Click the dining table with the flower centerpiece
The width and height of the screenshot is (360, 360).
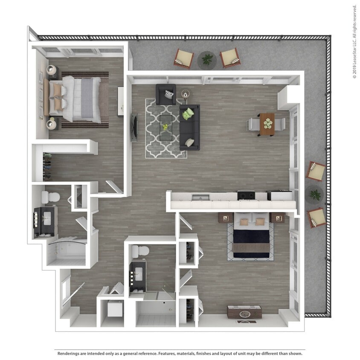click(x=267, y=124)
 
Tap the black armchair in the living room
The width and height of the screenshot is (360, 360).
click(x=166, y=94)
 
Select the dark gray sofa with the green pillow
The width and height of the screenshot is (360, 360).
click(x=189, y=128)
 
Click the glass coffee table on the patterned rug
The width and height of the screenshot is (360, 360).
click(x=166, y=127)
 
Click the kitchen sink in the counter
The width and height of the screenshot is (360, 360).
click(x=200, y=197)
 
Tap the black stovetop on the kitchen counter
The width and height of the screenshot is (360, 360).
click(x=246, y=195)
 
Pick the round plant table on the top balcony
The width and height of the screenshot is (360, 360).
click(x=207, y=60)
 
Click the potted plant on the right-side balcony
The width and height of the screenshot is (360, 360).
click(x=315, y=195)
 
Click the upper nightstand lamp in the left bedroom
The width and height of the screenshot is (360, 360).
click(x=52, y=70)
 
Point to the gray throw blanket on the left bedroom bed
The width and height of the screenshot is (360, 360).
click(x=87, y=98)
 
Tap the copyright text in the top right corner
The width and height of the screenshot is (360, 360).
click(x=354, y=41)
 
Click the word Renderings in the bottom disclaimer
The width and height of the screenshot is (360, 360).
click(x=70, y=354)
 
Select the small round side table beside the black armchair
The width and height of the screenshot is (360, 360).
click(x=185, y=93)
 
